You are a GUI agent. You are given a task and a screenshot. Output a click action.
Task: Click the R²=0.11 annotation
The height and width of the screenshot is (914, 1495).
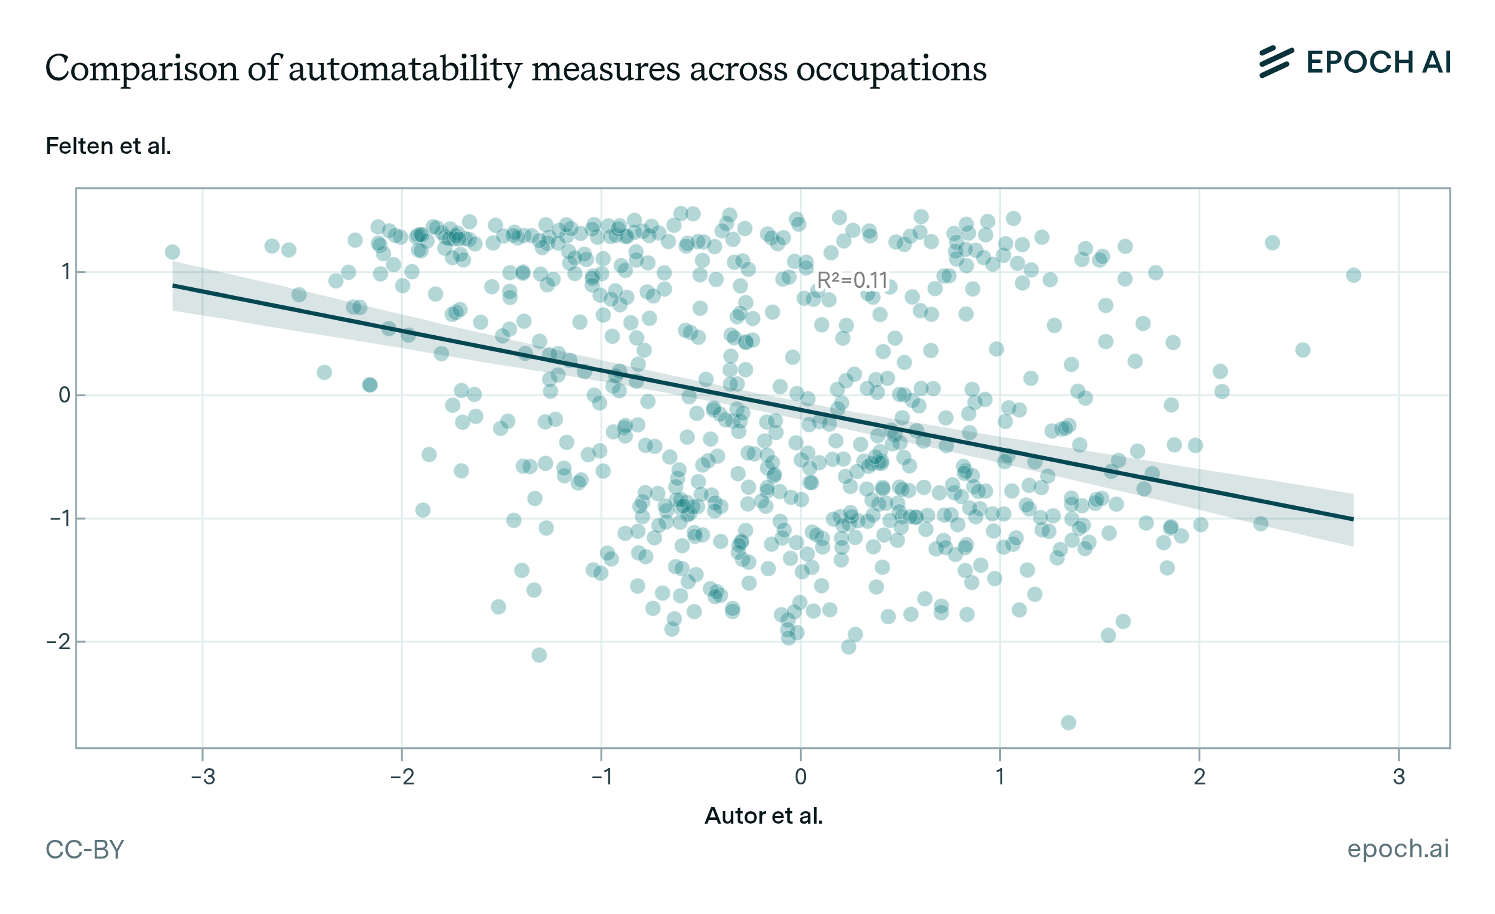(x=852, y=280)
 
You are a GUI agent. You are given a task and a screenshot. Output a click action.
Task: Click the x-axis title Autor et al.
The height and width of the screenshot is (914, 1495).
(x=764, y=816)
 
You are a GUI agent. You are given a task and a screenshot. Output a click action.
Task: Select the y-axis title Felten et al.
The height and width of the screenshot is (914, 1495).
(x=108, y=146)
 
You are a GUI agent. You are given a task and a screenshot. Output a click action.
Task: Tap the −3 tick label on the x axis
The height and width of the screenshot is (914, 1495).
(x=202, y=777)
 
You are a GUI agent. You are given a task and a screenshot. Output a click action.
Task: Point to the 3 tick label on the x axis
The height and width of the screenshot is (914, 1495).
(x=1399, y=777)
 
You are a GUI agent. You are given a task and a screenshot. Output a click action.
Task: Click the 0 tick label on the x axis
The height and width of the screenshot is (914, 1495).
(x=800, y=777)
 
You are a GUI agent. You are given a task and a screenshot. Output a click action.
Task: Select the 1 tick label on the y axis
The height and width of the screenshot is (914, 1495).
(x=65, y=272)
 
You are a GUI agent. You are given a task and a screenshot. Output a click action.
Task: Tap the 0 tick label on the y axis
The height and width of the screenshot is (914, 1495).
(x=64, y=395)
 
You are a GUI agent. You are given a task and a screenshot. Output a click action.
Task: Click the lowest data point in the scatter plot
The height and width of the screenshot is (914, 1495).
(x=1068, y=723)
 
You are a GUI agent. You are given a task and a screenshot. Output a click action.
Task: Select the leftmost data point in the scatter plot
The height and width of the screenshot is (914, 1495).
(x=173, y=252)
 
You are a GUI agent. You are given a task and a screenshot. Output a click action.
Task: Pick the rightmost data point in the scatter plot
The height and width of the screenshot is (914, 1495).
(x=1354, y=275)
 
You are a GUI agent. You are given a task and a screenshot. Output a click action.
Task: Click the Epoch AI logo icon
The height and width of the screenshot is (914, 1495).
(x=1276, y=62)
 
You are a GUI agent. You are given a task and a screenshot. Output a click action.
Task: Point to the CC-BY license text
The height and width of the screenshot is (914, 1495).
(x=85, y=850)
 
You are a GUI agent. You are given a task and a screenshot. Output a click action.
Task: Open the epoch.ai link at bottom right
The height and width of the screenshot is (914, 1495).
(x=1398, y=849)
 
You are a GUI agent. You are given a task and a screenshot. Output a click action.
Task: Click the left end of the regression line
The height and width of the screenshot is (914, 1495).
(x=174, y=285)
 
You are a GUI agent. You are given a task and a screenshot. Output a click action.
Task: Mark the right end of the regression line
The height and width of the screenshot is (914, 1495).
(x=1352, y=519)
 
